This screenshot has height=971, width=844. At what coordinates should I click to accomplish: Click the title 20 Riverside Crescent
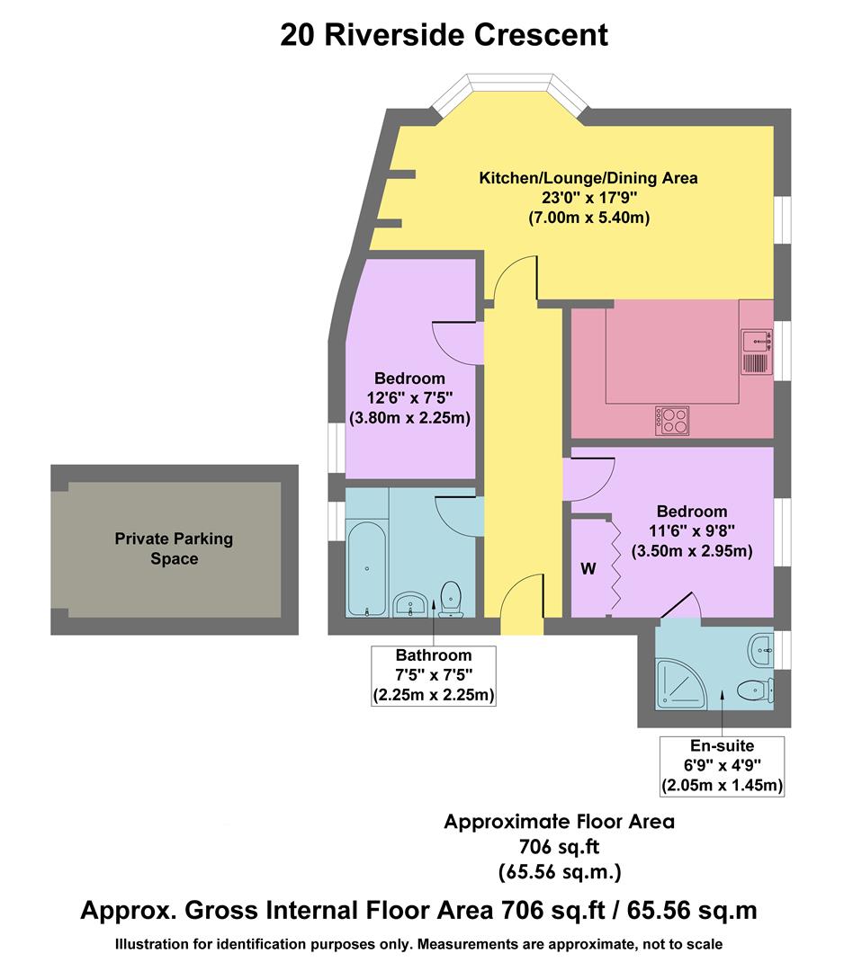[444, 35]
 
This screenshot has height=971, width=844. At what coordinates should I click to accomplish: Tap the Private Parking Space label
[174, 548]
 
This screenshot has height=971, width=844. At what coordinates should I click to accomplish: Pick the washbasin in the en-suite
[761, 648]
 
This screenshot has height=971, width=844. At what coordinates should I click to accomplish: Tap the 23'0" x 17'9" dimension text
[588, 198]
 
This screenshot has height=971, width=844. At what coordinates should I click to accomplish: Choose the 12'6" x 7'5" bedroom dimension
[410, 398]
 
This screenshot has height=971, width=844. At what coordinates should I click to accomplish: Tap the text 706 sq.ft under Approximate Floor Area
[559, 846]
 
